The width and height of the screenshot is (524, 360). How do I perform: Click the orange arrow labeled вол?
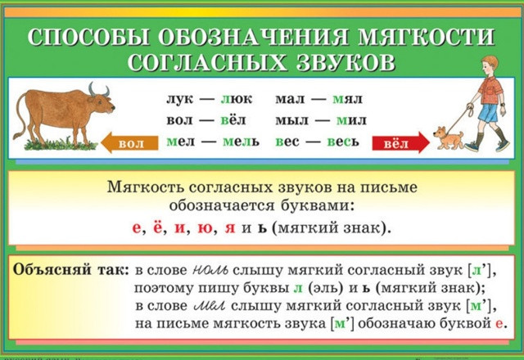click(x=129, y=143)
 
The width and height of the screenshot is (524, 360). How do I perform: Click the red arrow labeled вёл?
click(x=400, y=143)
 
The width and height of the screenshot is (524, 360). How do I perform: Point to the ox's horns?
click(x=98, y=90)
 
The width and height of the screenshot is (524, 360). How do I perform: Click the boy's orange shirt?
click(x=490, y=90)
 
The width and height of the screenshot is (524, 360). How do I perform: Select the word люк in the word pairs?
click(x=237, y=99)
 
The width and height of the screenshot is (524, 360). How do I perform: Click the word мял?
click(x=347, y=99)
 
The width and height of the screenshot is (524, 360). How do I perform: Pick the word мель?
click(x=241, y=142)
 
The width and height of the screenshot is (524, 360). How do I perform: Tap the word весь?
click(x=343, y=142)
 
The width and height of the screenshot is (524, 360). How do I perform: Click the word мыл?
click(x=291, y=120)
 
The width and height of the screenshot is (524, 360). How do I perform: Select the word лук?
click(x=180, y=99)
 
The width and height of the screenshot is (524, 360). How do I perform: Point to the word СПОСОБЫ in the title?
click(x=88, y=36)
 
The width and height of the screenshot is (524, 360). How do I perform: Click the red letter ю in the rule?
click(x=205, y=228)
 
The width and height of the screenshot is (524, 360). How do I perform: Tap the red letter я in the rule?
click(x=230, y=228)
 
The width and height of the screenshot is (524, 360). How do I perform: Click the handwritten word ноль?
click(x=210, y=270)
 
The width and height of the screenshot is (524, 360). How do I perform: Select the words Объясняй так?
click(x=71, y=270)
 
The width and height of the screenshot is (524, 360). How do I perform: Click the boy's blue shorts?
click(x=488, y=113)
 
